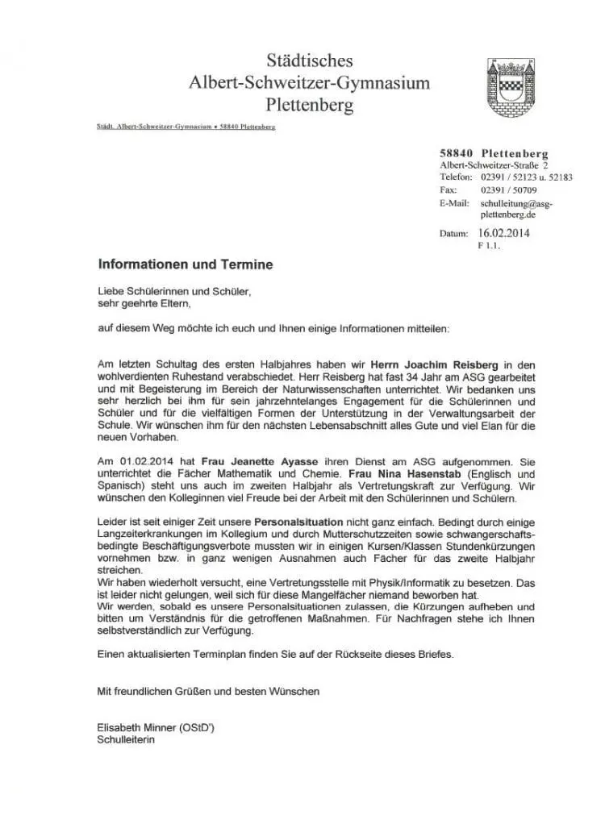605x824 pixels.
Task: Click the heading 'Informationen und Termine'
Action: pyautogui.click(x=185, y=264)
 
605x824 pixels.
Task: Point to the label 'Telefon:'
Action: pyautogui.click(x=456, y=177)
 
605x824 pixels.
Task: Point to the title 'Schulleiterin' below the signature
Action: pyautogui.click(x=125, y=738)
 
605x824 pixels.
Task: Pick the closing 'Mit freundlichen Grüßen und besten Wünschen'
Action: pyautogui.click(x=208, y=691)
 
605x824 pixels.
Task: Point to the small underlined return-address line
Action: pyautogui.click(x=186, y=127)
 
